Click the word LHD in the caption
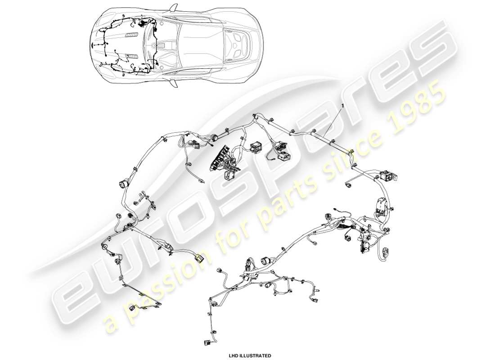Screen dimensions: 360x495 tap(234, 355)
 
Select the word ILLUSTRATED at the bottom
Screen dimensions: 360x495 tap(256, 355)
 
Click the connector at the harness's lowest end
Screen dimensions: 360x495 tap(208, 343)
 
